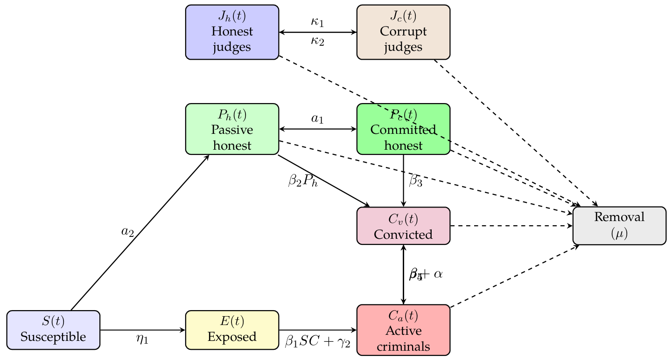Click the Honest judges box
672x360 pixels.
(x=232, y=32)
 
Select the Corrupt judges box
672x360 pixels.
(x=403, y=32)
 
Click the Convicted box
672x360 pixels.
(x=403, y=226)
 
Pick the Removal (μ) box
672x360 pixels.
(x=619, y=226)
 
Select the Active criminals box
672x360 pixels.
(x=403, y=330)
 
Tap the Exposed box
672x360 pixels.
(x=232, y=330)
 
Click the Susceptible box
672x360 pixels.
(x=54, y=330)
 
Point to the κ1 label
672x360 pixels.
(x=317, y=21)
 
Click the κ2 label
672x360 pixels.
(x=317, y=41)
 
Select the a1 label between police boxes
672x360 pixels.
(x=317, y=119)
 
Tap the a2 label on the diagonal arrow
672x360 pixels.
(x=127, y=232)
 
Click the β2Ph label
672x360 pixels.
(x=303, y=181)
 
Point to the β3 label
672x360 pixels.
(x=415, y=181)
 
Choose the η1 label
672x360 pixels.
(x=142, y=339)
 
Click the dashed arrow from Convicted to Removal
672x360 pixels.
(x=511, y=226)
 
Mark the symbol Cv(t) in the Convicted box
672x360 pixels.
(x=403, y=219)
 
